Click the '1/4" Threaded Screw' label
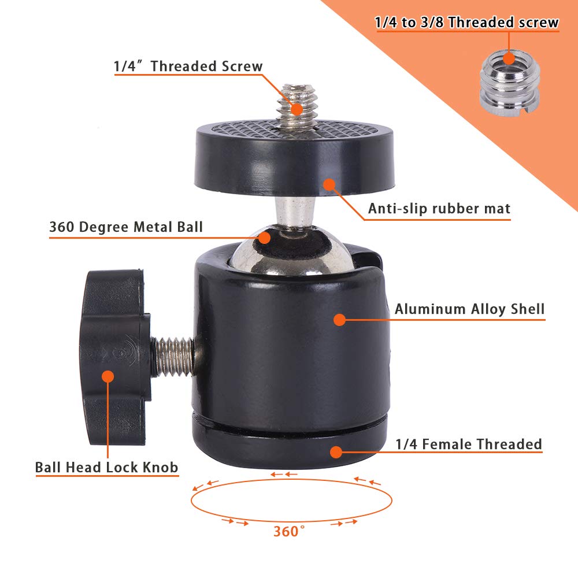pyautogui.click(x=188, y=66)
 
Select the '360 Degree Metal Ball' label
pyautogui.click(x=126, y=227)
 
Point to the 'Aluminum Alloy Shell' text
pyautogui.click(x=469, y=309)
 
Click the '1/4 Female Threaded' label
pyautogui.click(x=468, y=444)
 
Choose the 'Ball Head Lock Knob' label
pyautogui.click(x=106, y=467)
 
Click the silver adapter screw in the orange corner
pyautogui.click(x=508, y=86)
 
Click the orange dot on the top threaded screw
pyautogui.click(x=297, y=109)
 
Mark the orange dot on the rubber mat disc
pyautogui.click(x=329, y=185)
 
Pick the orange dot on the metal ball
pyautogui.click(x=265, y=237)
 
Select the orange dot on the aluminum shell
pyautogui.click(x=339, y=318)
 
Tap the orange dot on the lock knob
pyautogui.click(x=108, y=376)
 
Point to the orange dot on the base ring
pyautogui.click(x=334, y=451)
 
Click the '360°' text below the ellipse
pyautogui.click(x=289, y=531)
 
